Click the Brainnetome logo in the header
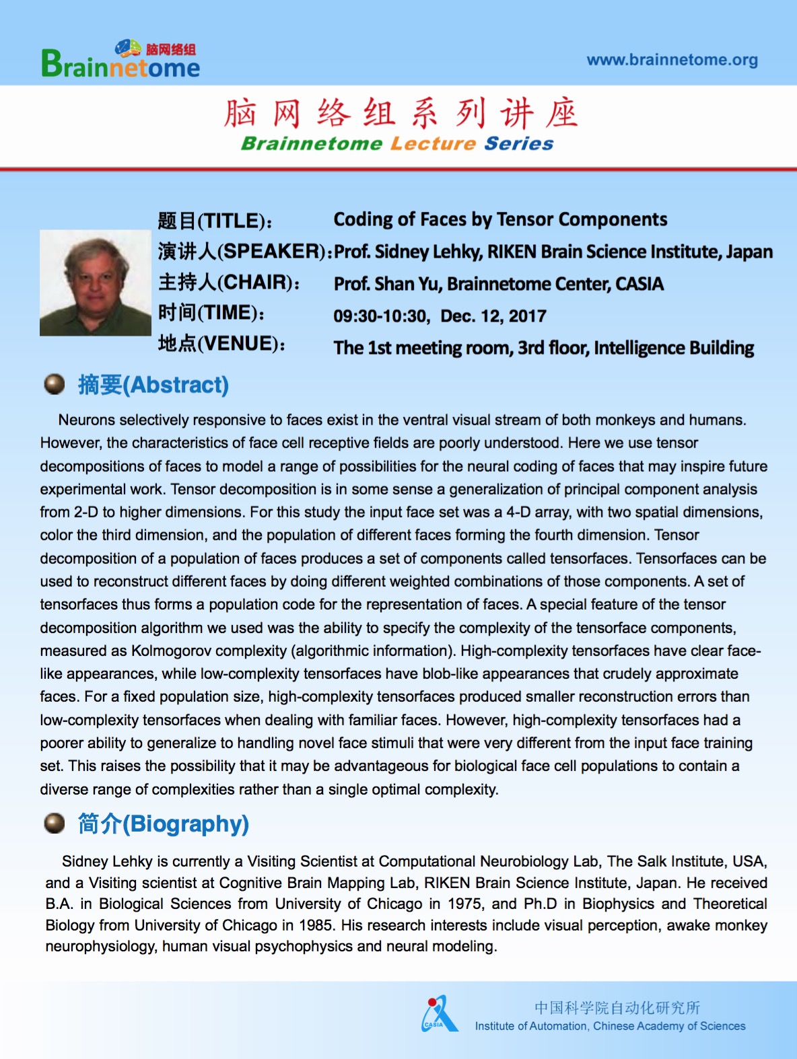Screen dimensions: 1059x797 coord(120,61)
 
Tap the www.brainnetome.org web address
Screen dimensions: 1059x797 coord(672,60)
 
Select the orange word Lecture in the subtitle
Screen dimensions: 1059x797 coord(433,143)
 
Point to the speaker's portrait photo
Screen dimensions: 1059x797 coord(95,283)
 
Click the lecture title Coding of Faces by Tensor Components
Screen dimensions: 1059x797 coord(500,220)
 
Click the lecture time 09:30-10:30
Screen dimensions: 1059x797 coord(380,316)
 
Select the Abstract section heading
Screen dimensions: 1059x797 coord(153,385)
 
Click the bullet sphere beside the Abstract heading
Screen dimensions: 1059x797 coord(54,384)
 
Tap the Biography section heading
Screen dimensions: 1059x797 coord(164,824)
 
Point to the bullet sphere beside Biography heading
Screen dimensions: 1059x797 coord(54,823)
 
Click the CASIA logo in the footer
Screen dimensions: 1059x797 coord(438,1015)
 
